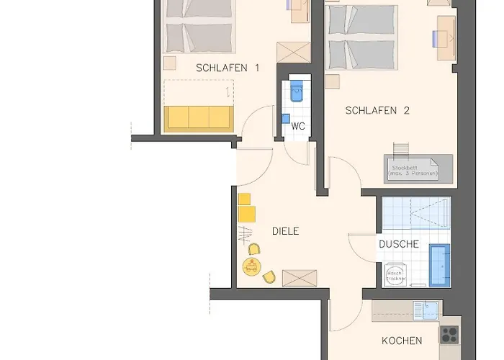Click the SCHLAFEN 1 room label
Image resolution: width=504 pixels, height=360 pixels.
click(227, 68)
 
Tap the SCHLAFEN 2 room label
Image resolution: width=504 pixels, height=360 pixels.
click(377, 111)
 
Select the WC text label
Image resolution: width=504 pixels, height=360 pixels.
click(297, 126)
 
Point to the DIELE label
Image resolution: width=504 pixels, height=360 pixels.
click(285, 231)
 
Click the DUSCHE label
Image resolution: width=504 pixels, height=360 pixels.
click(399, 244)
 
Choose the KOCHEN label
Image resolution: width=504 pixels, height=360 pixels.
click(402, 340)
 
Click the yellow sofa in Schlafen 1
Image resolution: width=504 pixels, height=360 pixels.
click(198, 118)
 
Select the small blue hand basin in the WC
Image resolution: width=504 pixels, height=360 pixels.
click(285, 118)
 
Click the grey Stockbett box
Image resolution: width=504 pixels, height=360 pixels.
click(418, 169)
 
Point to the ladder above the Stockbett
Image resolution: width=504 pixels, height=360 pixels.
click(400, 149)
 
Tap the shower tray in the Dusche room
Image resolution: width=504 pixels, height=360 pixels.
click(416, 213)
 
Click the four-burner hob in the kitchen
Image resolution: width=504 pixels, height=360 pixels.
click(449, 334)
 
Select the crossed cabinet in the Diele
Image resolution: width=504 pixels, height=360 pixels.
click(299, 278)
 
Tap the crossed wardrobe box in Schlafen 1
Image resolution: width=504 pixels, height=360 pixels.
click(293, 54)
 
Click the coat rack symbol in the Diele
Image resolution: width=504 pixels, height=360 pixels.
click(245, 233)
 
